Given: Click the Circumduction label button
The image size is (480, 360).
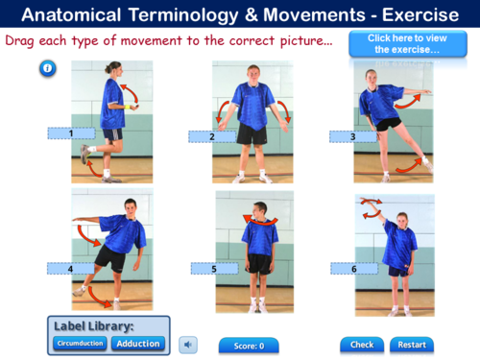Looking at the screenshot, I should (80, 344).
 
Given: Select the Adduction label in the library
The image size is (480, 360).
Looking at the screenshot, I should (138, 344).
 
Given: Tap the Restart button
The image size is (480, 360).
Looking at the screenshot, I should (412, 345).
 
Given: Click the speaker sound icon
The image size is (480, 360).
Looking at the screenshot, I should (189, 344).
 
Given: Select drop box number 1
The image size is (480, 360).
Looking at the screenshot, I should (71, 133).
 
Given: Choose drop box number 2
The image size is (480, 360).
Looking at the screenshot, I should (213, 136).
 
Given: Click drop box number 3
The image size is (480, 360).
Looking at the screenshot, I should (353, 136).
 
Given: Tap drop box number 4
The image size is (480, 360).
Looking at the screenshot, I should (71, 269).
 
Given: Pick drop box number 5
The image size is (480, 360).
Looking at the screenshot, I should (214, 269).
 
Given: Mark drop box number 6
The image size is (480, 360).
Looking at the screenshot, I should (353, 269).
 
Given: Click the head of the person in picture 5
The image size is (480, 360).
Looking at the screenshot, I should (258, 213).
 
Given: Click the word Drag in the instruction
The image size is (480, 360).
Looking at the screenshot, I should (23, 42).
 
